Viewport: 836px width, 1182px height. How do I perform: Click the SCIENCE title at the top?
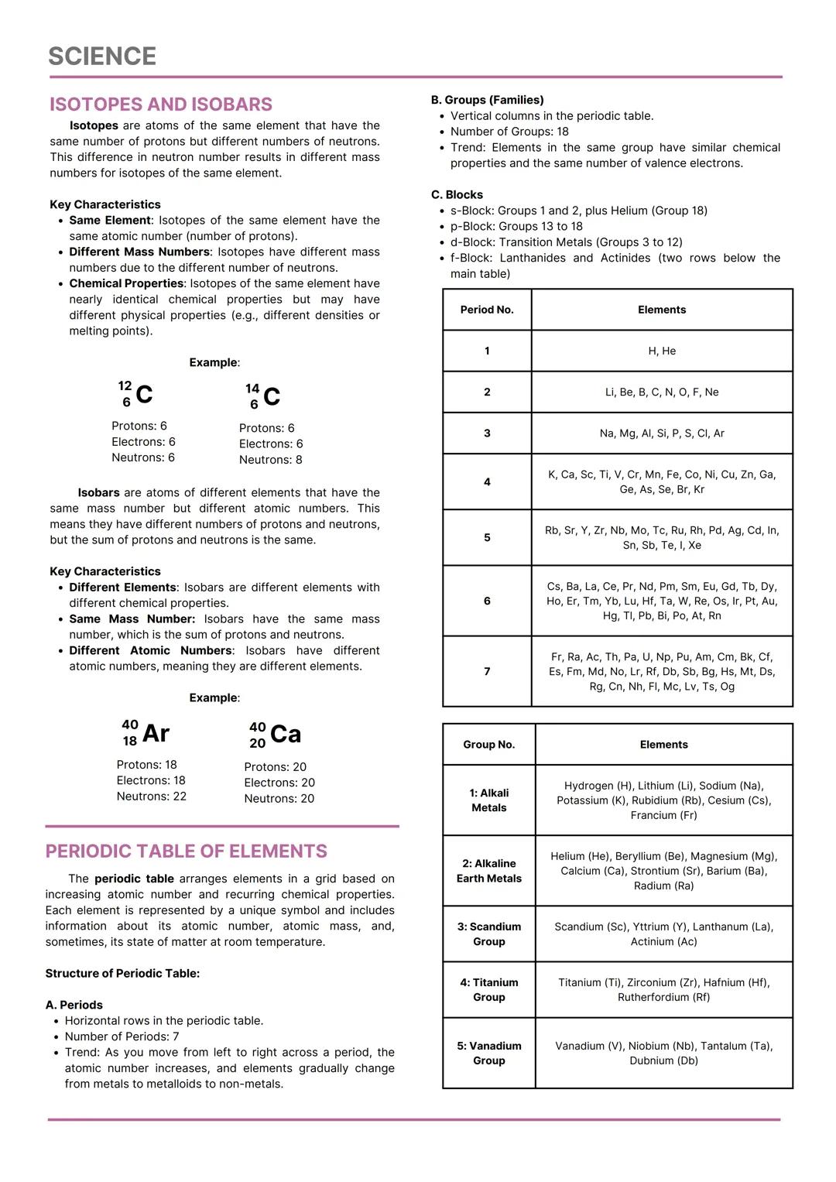(x=102, y=57)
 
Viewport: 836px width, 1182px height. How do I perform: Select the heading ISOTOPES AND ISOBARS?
(x=160, y=104)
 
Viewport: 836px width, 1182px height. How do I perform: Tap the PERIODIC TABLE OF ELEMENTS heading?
(x=186, y=851)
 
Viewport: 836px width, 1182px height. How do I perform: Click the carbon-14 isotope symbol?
(x=263, y=396)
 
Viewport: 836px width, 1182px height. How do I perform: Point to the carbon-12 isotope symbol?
(x=136, y=394)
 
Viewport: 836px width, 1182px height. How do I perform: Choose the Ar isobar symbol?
(x=146, y=733)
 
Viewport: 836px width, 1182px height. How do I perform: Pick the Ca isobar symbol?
(x=275, y=735)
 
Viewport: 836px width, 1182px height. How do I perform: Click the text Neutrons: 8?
(x=270, y=460)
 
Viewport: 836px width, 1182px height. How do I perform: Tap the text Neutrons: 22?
(x=151, y=797)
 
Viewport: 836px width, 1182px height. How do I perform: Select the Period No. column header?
(x=487, y=310)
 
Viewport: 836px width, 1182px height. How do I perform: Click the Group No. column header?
(x=488, y=745)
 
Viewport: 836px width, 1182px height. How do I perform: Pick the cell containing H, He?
(x=662, y=351)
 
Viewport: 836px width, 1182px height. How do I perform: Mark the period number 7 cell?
(x=487, y=672)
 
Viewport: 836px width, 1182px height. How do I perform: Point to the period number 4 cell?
(x=487, y=482)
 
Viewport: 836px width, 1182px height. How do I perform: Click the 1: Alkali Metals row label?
(x=488, y=800)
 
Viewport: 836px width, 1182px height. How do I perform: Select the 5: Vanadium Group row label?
(x=488, y=1054)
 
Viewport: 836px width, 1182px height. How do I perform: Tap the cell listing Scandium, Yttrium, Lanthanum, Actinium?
(x=663, y=934)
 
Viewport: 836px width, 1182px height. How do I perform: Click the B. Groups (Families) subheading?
(x=487, y=100)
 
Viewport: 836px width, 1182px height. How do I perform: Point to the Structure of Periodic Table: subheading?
(x=122, y=974)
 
